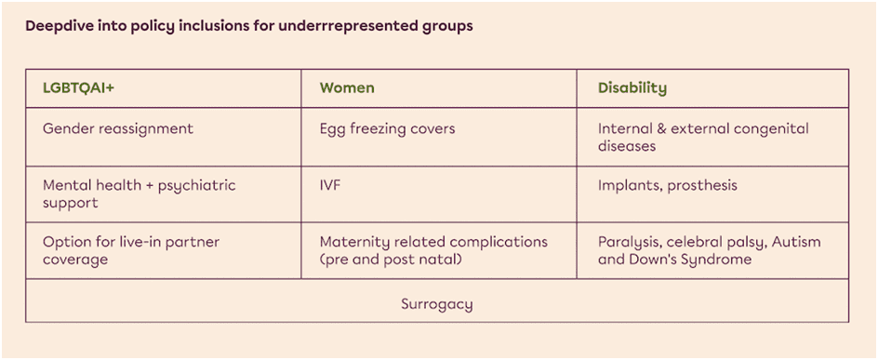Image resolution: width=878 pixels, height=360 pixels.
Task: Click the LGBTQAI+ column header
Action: click(x=78, y=88)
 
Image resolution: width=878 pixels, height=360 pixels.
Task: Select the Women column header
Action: click(x=347, y=88)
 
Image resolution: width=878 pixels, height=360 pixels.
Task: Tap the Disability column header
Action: click(x=632, y=89)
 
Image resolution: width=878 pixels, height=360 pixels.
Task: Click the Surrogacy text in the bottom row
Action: click(x=437, y=305)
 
